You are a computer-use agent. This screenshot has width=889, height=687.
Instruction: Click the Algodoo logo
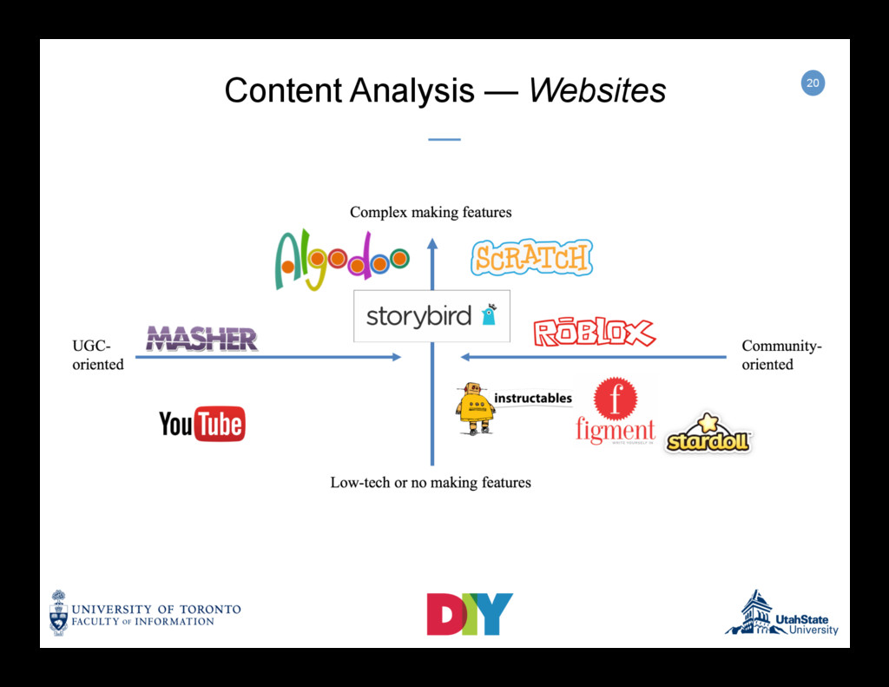341,258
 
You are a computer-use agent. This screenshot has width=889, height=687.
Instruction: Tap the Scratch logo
531,258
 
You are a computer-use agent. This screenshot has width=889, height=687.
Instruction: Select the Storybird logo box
431,316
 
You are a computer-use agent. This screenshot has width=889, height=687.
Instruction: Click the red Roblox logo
594,332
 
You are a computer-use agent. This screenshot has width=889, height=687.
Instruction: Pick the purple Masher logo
201,339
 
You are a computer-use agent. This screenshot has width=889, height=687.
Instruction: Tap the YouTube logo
201,424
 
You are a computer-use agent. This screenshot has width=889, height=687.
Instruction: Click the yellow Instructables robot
475,407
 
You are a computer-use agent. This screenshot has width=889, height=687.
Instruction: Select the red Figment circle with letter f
616,399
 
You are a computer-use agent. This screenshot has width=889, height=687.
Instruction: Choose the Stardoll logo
708,435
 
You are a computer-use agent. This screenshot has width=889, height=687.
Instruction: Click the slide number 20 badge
812,83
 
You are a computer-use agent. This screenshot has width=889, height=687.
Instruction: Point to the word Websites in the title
597,89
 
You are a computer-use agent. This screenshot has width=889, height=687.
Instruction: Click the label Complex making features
431,212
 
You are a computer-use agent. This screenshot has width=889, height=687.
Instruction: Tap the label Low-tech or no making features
431,482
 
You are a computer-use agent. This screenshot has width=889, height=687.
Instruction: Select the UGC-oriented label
97,355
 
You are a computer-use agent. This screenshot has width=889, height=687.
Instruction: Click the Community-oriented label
781,355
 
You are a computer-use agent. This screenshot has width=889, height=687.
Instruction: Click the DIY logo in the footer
469,614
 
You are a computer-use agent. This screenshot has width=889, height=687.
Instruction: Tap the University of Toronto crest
58,612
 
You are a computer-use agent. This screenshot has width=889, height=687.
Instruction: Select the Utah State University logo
781,615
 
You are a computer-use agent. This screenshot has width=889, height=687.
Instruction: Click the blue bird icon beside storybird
489,314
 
